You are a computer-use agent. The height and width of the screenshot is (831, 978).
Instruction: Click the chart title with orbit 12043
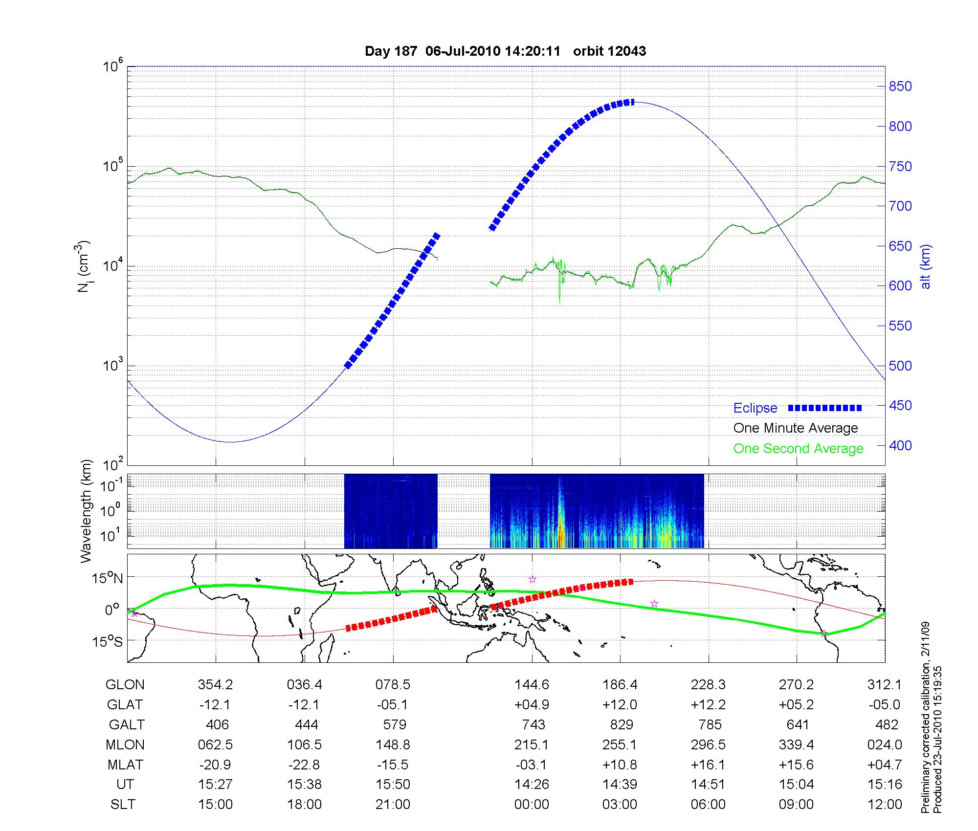[x=505, y=51]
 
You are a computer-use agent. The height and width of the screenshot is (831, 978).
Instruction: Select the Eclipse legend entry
[x=755, y=408]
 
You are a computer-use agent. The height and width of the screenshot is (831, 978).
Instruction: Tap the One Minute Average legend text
[x=796, y=428]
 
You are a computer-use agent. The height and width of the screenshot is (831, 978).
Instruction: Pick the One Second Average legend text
[x=798, y=449]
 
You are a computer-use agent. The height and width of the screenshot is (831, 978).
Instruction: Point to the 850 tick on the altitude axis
[x=900, y=87]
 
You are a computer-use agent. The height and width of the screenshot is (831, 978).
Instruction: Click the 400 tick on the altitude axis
[x=900, y=445]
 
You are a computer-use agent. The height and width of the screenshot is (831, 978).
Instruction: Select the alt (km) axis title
[x=926, y=266]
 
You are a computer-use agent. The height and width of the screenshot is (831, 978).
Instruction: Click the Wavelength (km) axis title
[x=86, y=511]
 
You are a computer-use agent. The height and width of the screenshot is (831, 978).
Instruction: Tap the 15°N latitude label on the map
[x=108, y=579]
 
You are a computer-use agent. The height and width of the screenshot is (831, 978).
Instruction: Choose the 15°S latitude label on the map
[x=108, y=641]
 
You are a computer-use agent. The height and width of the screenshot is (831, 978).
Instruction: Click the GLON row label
[x=125, y=685]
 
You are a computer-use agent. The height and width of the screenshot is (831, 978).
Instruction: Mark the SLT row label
[x=123, y=804]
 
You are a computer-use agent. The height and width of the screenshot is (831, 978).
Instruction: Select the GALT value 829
[x=622, y=724]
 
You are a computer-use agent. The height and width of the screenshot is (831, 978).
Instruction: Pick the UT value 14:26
[x=532, y=784]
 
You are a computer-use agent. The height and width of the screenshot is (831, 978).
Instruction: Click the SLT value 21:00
[x=393, y=804]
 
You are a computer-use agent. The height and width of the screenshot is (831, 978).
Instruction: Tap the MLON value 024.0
[x=885, y=744]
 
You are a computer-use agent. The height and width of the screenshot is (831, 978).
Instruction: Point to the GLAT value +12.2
[x=708, y=704]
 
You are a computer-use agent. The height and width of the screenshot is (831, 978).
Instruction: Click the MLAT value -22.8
[x=304, y=765]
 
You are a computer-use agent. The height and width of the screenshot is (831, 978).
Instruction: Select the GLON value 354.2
[x=215, y=685]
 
